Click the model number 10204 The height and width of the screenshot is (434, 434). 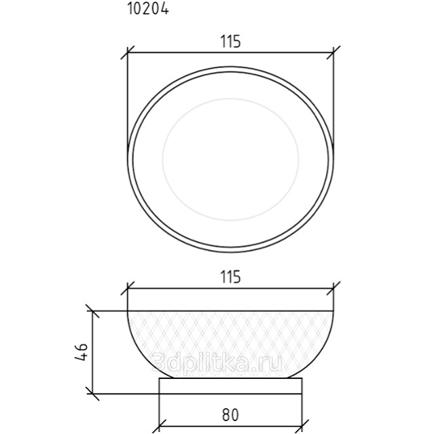point(148,9)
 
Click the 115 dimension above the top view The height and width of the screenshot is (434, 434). point(230,42)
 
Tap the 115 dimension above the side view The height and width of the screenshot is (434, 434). point(230,277)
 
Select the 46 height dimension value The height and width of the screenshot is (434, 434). point(82,352)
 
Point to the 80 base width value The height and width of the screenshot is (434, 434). point(230,415)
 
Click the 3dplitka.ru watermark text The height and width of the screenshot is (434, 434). point(217,362)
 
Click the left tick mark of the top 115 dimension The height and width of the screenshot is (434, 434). point(128,52)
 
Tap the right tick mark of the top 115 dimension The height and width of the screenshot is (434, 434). point(333,52)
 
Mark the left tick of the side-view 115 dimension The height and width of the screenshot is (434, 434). point(128,289)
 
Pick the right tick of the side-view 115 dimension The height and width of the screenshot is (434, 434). point(333,289)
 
